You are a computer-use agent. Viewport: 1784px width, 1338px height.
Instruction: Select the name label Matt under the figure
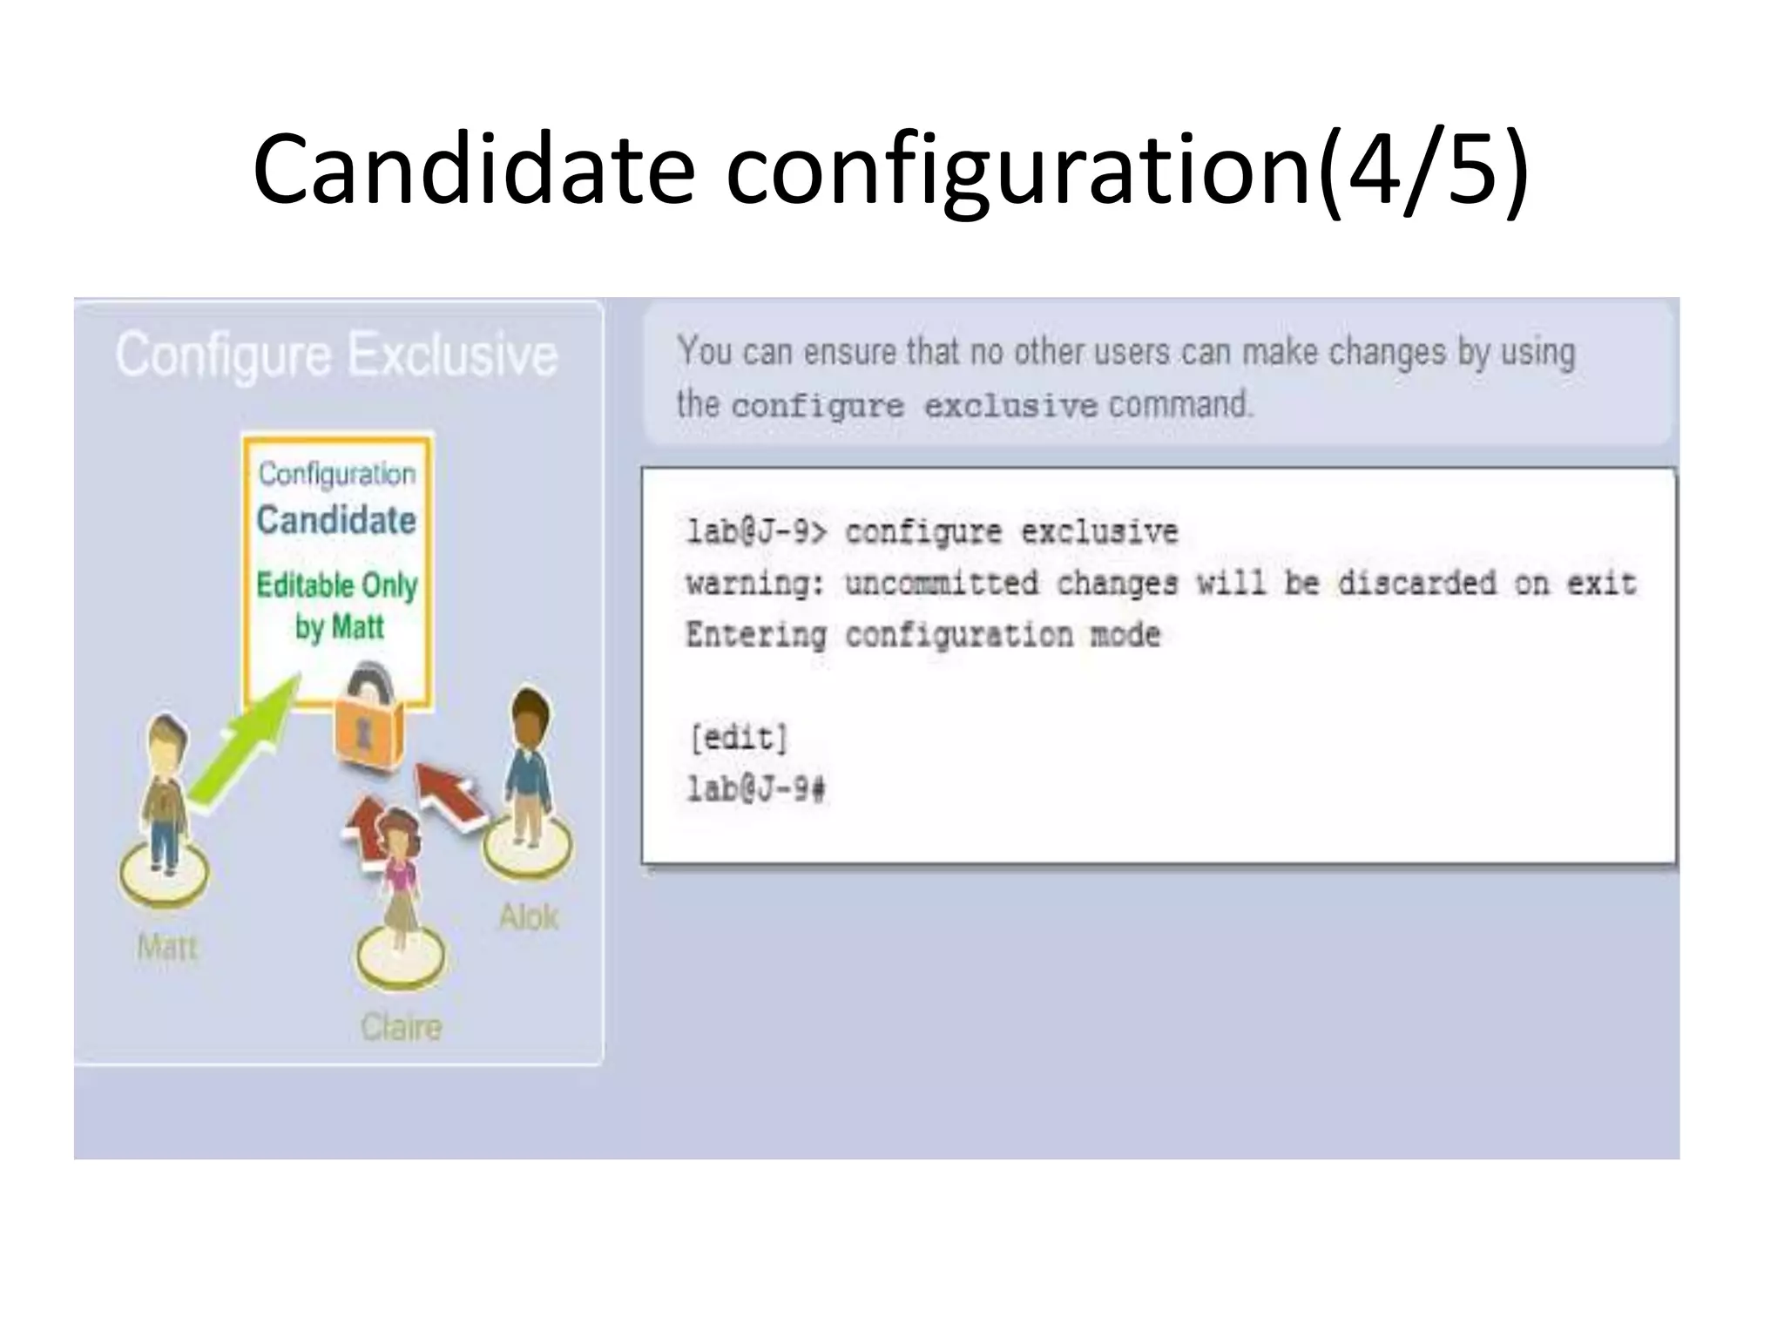click(167, 947)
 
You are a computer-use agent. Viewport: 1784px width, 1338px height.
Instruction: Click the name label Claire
click(401, 1027)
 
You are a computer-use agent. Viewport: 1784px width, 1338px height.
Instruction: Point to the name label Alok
click(529, 916)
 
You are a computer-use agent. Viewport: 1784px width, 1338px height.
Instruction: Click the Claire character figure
click(400, 880)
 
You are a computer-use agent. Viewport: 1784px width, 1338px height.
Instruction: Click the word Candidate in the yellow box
click(336, 520)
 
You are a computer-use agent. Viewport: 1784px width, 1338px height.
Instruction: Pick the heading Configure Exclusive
click(336, 355)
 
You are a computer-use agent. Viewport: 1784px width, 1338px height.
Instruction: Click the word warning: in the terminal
click(755, 583)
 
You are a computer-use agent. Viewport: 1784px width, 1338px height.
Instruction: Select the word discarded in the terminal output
click(1416, 583)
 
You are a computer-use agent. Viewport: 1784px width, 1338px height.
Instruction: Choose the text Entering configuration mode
click(923, 635)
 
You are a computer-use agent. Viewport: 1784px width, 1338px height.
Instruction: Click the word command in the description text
click(1180, 405)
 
